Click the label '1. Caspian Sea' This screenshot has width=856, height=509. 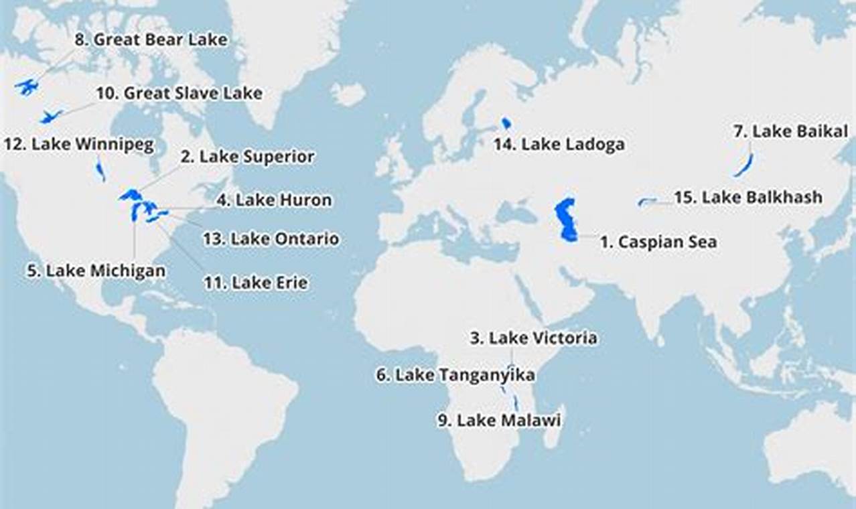click(658, 242)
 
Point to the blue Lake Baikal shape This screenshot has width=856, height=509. click(743, 165)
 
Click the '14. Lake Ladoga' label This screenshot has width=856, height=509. click(559, 144)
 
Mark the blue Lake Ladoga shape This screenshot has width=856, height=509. click(506, 123)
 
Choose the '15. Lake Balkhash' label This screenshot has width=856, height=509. click(748, 198)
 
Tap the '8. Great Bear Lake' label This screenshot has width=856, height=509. click(151, 40)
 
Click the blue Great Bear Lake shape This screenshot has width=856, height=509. click(27, 87)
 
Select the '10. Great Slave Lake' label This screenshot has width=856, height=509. click(179, 93)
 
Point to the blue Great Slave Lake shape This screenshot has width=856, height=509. click(50, 117)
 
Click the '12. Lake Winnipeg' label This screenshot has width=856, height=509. click(79, 144)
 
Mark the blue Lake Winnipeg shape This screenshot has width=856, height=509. click(100, 169)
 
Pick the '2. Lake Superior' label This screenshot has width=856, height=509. click(247, 157)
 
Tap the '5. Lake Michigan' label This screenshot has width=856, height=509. click(96, 271)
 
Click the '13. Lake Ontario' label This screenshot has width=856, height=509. click(271, 239)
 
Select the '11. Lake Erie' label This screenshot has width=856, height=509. click(256, 283)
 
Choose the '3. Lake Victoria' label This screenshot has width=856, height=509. click(533, 338)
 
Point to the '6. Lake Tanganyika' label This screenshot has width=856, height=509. click(455, 375)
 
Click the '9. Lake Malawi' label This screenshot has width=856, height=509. click(499, 421)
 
